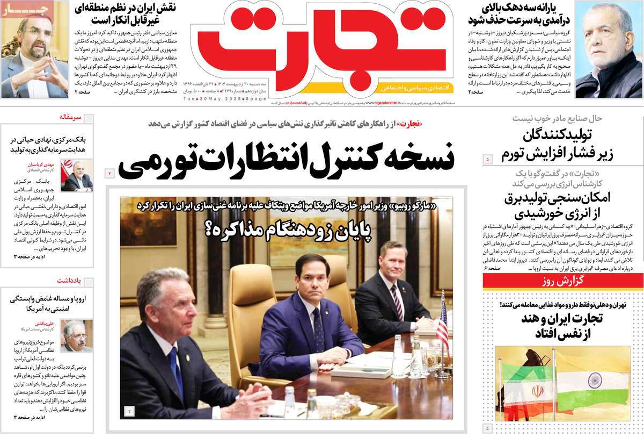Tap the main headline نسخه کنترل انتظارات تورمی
click(x=286, y=160)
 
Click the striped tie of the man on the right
click(x=397, y=301)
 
